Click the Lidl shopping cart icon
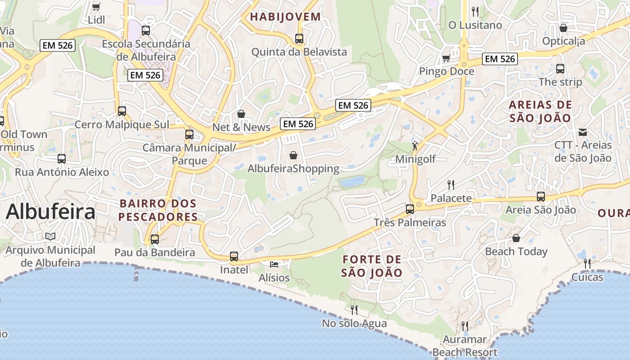pos(96,7)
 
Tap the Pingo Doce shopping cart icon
pos(446,58)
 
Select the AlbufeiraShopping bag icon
pos(293,155)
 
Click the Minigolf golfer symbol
pos(415,146)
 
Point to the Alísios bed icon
pos(274,264)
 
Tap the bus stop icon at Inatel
pos(234,256)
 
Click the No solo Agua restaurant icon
pos(354,310)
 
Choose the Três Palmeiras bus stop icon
pos(409,209)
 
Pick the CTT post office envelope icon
pos(583,132)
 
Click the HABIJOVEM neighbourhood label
pos(285,17)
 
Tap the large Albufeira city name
pos(50,211)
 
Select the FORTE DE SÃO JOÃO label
pos(372,266)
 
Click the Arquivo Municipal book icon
pos(50,236)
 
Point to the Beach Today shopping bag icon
pos(516,238)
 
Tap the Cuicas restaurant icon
pos(587,263)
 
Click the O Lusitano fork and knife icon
pos(475,11)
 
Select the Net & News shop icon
pos(241,114)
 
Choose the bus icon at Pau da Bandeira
pos(155,239)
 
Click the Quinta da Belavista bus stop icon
pos(299,38)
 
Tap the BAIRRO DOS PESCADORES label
pos(158,210)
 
